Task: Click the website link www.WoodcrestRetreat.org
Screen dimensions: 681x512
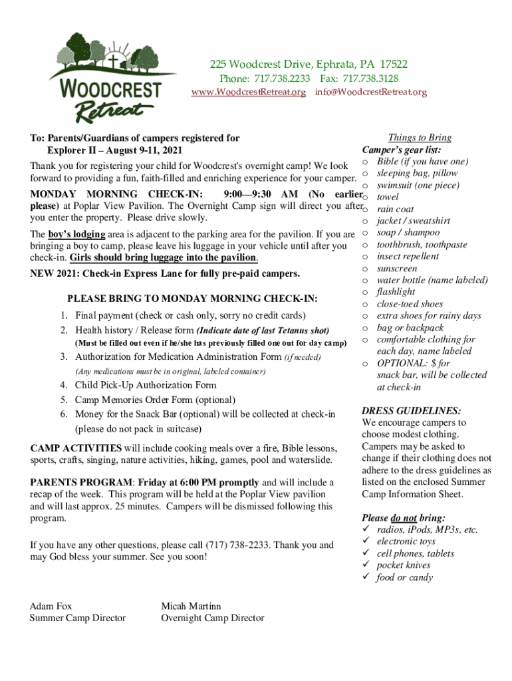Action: click(x=248, y=92)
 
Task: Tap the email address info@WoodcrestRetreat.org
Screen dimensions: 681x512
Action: click(x=371, y=92)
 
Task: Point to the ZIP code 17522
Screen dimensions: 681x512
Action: click(x=394, y=65)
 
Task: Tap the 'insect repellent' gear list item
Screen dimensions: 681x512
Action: click(x=408, y=257)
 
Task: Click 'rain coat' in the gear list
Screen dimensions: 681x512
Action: click(x=395, y=209)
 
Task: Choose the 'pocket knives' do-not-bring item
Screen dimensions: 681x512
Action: click(x=403, y=565)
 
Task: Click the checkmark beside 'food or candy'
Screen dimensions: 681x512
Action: click(x=365, y=577)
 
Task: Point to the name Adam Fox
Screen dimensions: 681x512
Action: click(x=51, y=606)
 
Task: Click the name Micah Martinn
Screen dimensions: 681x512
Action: click(x=191, y=606)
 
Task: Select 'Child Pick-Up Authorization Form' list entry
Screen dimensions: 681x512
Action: click(x=145, y=385)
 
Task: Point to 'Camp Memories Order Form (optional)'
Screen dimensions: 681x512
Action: click(x=155, y=400)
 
